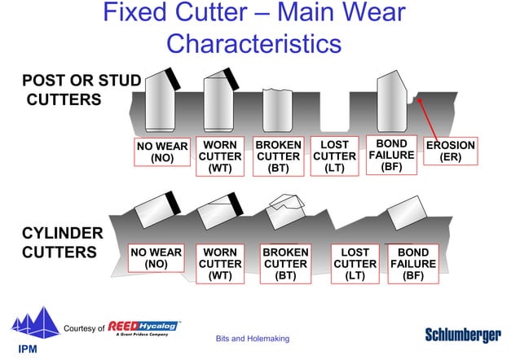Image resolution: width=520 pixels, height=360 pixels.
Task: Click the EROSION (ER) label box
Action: (450, 151)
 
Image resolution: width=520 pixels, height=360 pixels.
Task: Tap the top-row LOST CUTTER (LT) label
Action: (335, 156)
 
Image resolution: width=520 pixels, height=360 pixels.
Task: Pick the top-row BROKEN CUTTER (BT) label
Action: (279, 156)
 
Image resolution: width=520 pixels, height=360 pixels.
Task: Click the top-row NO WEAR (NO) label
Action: (162, 152)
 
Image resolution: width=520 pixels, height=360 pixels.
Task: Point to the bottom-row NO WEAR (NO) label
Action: (156, 258)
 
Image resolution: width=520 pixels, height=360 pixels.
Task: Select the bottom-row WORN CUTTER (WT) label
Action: (220, 264)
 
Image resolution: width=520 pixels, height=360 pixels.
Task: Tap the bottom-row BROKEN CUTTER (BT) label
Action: (285, 264)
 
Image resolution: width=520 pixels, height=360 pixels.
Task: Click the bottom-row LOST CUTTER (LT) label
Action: (355, 264)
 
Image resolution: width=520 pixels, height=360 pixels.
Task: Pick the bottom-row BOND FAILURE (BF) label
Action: (412, 264)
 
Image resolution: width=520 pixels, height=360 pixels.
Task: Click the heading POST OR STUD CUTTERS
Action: (81, 90)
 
